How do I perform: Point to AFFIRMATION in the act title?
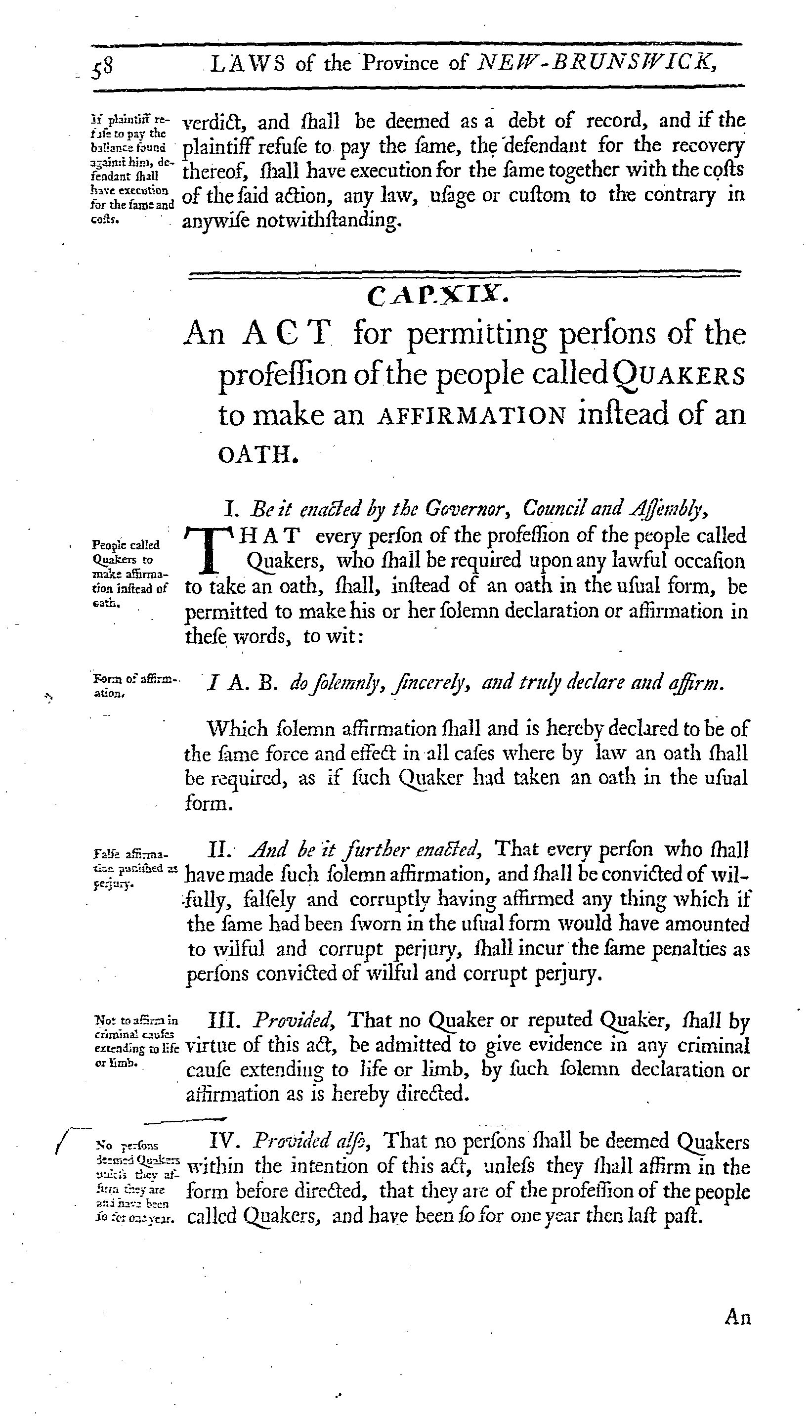(471, 416)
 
